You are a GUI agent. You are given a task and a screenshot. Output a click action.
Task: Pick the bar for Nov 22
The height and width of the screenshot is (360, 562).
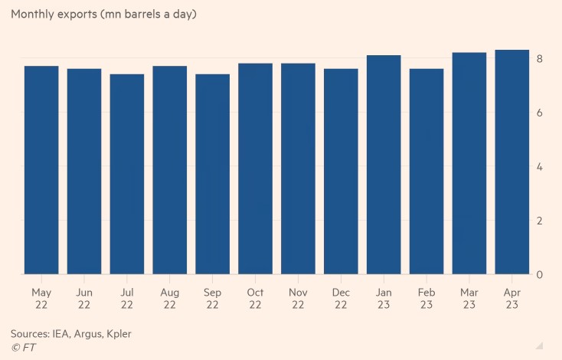coord(298,169)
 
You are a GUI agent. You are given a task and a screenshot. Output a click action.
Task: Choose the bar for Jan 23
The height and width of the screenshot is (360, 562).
coord(384,165)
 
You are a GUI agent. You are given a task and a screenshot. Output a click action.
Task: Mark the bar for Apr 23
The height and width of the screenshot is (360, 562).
coord(512,162)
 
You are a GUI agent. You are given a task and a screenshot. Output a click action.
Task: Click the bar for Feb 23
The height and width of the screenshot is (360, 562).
coord(426,172)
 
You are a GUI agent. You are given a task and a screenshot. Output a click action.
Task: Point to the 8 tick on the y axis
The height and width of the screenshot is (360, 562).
coord(540,59)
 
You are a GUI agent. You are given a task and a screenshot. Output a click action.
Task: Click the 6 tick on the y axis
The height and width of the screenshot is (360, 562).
coord(540,113)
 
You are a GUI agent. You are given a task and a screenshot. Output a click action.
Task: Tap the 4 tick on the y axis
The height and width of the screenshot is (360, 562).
coord(540,167)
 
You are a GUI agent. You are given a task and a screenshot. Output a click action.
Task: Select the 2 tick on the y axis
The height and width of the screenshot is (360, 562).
coord(540,221)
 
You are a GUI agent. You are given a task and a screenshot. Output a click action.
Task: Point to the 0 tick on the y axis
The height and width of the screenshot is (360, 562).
coord(540,274)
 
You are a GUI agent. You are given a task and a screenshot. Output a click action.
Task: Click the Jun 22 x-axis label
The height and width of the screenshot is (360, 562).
coord(84,299)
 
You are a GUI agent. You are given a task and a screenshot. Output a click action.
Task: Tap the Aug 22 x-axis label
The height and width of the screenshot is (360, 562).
coord(170,299)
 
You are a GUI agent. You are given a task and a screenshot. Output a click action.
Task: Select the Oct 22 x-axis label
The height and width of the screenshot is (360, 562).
coord(255,299)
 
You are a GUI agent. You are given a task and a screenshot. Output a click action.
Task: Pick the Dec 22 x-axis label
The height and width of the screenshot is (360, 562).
coord(341,299)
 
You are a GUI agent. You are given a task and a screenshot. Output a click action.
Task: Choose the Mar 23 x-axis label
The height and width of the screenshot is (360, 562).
coord(469,299)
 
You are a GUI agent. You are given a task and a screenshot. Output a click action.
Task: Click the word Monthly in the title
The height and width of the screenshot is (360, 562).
coord(34,15)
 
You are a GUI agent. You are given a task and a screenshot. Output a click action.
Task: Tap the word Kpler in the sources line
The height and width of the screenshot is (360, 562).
coord(126,334)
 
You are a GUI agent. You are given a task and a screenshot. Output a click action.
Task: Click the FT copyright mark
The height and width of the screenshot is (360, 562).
coord(23,348)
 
